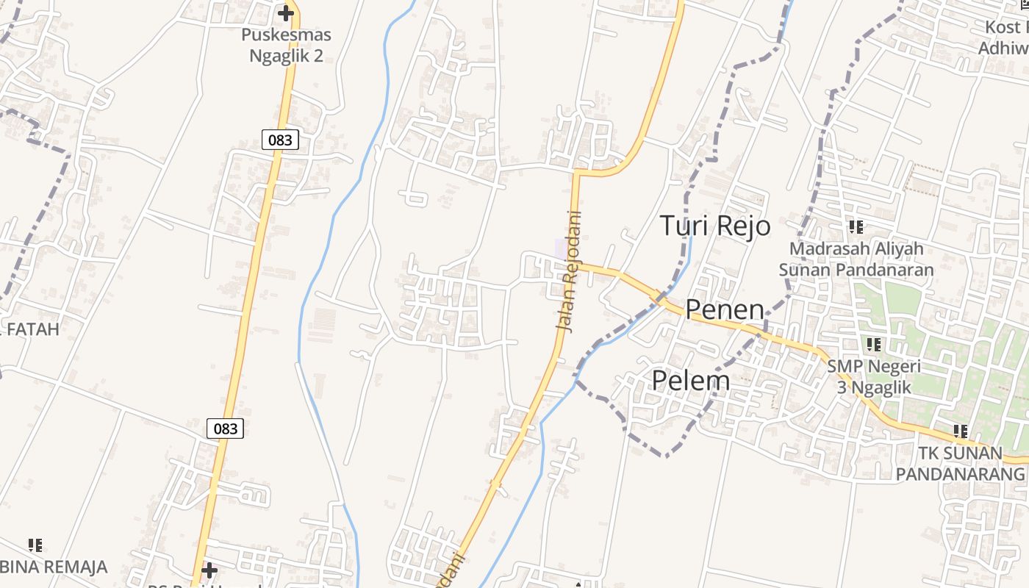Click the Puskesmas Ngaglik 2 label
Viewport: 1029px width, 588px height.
(286, 45)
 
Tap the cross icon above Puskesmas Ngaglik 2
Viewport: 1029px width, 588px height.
(286, 13)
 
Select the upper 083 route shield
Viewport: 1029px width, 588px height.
(280, 140)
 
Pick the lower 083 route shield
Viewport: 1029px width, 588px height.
(225, 429)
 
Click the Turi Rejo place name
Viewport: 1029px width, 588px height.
(715, 226)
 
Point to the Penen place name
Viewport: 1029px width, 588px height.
(725, 309)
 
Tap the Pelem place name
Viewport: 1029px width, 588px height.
(691, 381)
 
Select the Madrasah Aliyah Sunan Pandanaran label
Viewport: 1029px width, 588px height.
(856, 259)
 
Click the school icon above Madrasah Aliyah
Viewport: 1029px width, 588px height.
(856, 227)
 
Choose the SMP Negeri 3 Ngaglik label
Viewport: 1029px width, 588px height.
(874, 376)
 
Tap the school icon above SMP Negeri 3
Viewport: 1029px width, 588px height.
(874, 344)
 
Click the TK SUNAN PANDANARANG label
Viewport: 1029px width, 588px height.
(960, 463)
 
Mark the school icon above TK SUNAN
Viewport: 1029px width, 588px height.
(960, 431)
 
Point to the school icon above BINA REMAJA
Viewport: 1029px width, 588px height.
(35, 545)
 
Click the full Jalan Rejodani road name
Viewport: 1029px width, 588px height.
(569, 272)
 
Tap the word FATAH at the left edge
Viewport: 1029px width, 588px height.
(32, 329)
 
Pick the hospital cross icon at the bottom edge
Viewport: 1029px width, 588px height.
(209, 570)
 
